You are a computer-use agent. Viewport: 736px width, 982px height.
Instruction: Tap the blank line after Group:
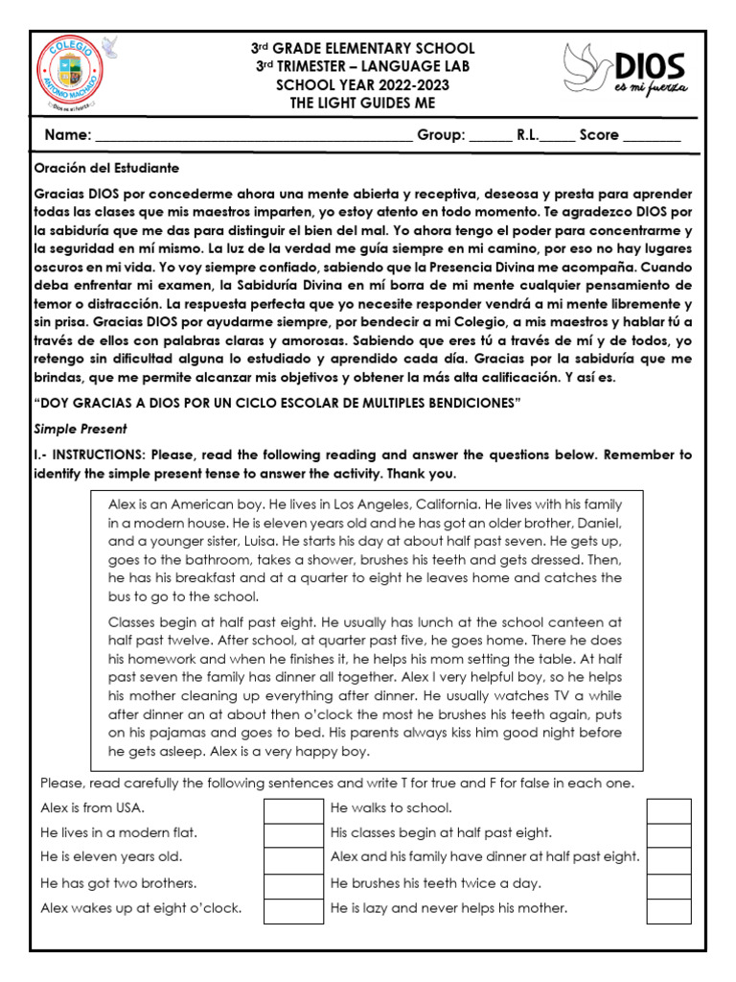coord(492,136)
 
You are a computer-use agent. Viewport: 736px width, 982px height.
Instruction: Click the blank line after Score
coord(652,136)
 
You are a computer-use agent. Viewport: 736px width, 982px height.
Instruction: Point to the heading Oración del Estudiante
coord(106,168)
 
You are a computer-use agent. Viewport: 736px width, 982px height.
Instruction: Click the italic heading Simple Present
coord(81,429)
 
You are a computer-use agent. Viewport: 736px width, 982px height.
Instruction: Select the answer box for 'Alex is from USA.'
coord(293,810)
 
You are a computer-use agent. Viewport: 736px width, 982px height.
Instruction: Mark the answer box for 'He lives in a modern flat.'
coord(293,834)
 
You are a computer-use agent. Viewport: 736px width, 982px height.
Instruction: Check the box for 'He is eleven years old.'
coord(293,859)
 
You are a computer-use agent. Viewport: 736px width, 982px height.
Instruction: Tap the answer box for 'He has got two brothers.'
coord(293,884)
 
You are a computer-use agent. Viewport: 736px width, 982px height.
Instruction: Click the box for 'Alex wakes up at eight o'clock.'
coord(293,909)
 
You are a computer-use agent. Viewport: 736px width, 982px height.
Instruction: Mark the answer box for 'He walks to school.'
coord(668,810)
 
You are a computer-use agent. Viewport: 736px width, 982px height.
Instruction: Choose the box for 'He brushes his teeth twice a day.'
coord(668,884)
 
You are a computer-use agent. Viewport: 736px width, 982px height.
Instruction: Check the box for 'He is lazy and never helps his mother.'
coord(668,909)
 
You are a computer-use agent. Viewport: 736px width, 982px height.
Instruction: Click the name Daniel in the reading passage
coord(599,523)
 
